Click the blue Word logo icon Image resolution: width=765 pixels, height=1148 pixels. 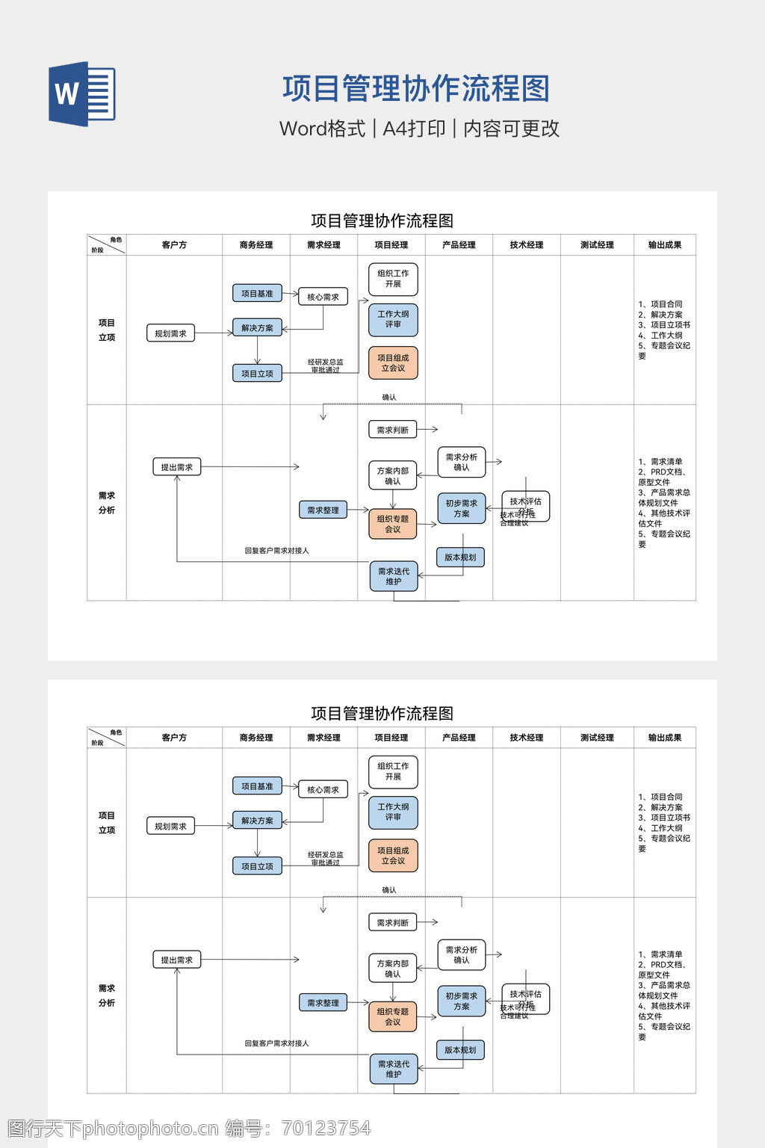tap(82, 93)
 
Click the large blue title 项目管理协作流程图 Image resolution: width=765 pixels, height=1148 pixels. tap(416, 89)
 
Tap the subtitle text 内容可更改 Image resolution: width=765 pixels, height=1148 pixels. tap(511, 129)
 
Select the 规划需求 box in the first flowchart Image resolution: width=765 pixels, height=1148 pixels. tap(170, 333)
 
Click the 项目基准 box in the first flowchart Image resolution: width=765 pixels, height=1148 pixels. tap(257, 294)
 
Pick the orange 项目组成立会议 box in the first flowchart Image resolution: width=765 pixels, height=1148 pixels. tap(393, 362)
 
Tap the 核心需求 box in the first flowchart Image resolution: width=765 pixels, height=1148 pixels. tap(323, 297)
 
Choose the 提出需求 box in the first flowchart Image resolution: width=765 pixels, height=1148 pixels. tap(176, 467)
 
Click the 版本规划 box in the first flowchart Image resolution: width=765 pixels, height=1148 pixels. tap(460, 557)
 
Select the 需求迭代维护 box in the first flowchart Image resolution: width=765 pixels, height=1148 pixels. tap(394, 576)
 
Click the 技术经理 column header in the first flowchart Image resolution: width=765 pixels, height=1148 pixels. tap(527, 245)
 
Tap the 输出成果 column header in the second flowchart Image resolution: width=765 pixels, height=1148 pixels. tap(664, 738)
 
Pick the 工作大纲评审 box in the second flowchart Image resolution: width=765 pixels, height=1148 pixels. tap(393, 812)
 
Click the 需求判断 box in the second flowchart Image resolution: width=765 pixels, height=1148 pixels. tap(392, 922)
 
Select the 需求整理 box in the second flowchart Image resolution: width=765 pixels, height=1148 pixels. tap(323, 1003)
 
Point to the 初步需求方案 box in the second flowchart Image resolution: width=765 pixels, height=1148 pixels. tap(462, 1002)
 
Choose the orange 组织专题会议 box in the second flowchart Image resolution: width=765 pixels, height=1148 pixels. tap(393, 1016)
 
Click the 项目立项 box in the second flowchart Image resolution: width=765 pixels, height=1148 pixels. tap(257, 866)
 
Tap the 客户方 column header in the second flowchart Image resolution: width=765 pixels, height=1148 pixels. tap(174, 738)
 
